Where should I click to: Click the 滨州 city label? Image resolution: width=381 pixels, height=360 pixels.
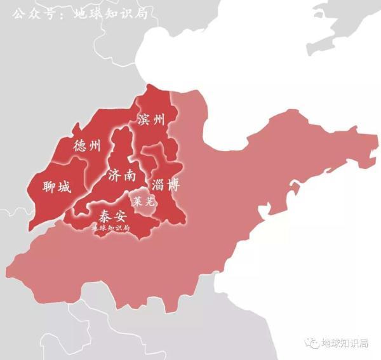pos(150,120)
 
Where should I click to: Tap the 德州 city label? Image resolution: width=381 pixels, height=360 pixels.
pos(87,145)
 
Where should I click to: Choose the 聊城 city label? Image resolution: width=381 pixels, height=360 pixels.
pos(57,187)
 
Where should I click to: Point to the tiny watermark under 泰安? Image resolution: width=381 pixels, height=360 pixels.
pos(110,227)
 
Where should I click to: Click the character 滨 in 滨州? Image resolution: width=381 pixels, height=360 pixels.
pos(144,120)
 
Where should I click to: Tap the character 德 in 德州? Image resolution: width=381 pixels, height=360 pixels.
pos(79,145)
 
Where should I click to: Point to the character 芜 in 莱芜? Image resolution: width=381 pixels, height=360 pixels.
pos(147,202)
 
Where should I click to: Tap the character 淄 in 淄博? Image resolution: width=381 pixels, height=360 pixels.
pos(158,185)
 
